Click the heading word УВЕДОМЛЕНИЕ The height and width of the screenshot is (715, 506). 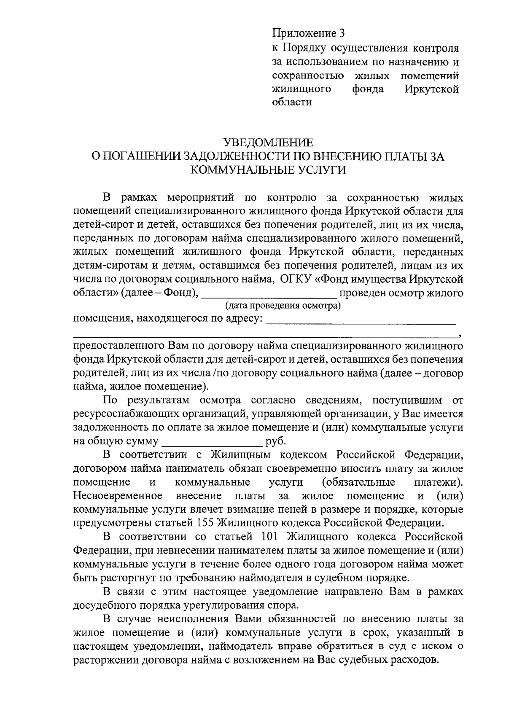pyautogui.click(x=268, y=142)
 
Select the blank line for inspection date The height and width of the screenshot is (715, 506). pyautogui.click(x=269, y=294)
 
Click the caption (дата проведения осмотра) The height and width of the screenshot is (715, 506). pyautogui.click(x=283, y=305)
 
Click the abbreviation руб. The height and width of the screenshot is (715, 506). pyautogui.click(x=276, y=441)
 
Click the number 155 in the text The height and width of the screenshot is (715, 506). pyautogui.click(x=205, y=523)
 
